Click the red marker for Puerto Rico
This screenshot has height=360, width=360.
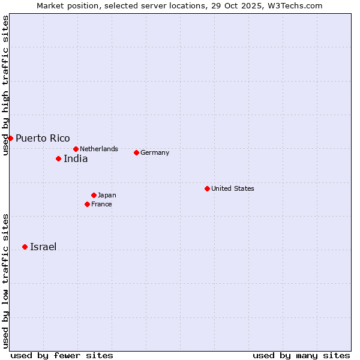click(x=10, y=138)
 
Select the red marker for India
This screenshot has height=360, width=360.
click(x=58, y=158)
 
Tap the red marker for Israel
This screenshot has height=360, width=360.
click(x=25, y=247)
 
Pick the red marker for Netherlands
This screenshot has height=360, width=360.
click(x=76, y=149)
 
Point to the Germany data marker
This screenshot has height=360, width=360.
click(x=136, y=152)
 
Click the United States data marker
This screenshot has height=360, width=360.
click(x=207, y=188)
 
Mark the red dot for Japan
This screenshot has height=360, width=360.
click(x=94, y=195)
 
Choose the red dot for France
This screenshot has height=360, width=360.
click(x=87, y=204)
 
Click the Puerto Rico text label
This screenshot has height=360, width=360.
click(x=43, y=138)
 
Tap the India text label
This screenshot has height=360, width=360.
click(x=76, y=159)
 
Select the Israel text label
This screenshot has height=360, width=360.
click(x=43, y=247)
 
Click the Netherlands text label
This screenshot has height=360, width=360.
click(x=99, y=149)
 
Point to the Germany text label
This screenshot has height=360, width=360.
click(x=155, y=152)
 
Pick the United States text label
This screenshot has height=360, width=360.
click(x=233, y=188)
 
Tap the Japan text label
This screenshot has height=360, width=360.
click(x=107, y=195)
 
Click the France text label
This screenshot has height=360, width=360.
click(x=101, y=204)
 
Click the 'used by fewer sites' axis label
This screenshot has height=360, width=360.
click(x=62, y=355)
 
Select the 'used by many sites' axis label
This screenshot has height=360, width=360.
click(x=301, y=355)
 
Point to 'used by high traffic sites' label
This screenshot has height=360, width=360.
click(x=5, y=85)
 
